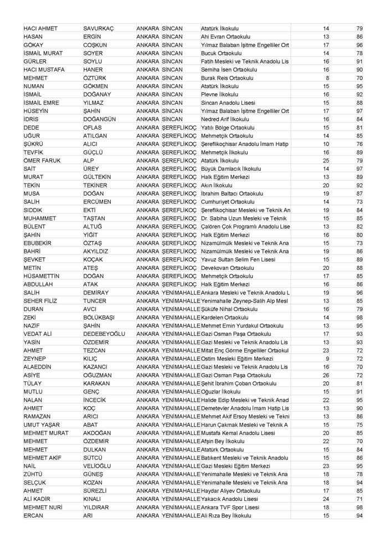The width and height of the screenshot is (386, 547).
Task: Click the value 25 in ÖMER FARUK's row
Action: pyautogui.click(x=326, y=160)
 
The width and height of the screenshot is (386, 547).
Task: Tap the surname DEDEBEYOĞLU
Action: pyautogui.click(x=104, y=334)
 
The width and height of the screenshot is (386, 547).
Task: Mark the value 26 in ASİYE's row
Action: pyautogui.click(x=326, y=375)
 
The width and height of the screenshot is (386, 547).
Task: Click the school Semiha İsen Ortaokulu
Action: pyautogui.click(x=228, y=69)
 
